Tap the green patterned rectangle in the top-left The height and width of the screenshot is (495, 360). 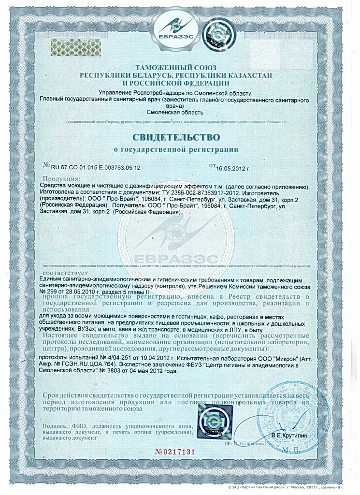point(72,45)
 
